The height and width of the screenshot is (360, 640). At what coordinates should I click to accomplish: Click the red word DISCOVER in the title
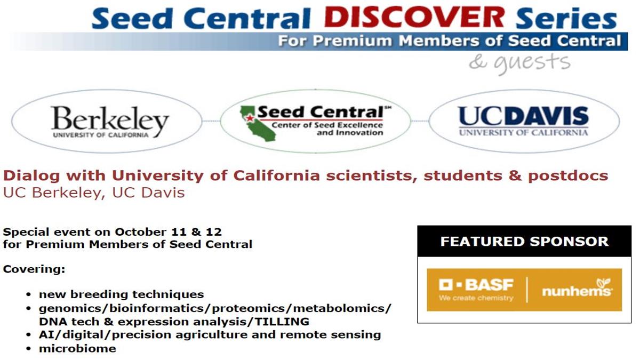414,17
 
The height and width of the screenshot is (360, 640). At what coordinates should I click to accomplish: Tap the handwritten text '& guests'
519,63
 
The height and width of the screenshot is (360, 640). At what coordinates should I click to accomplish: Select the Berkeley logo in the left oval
110,122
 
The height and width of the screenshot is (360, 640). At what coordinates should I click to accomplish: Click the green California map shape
258,123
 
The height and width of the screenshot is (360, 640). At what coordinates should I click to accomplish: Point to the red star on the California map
250,118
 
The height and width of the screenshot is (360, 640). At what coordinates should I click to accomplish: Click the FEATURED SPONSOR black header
524,241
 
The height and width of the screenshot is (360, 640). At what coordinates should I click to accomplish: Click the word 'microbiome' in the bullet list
77,349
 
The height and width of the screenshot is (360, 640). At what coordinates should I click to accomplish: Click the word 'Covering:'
34,269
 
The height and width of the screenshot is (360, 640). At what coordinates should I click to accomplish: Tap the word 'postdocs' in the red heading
568,175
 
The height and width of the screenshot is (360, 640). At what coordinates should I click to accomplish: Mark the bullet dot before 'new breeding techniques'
28,294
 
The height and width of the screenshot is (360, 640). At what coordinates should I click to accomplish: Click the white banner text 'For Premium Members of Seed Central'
450,41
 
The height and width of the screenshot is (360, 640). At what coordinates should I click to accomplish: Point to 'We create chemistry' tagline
476,298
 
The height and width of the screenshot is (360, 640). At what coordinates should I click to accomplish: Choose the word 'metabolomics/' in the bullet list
342,309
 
